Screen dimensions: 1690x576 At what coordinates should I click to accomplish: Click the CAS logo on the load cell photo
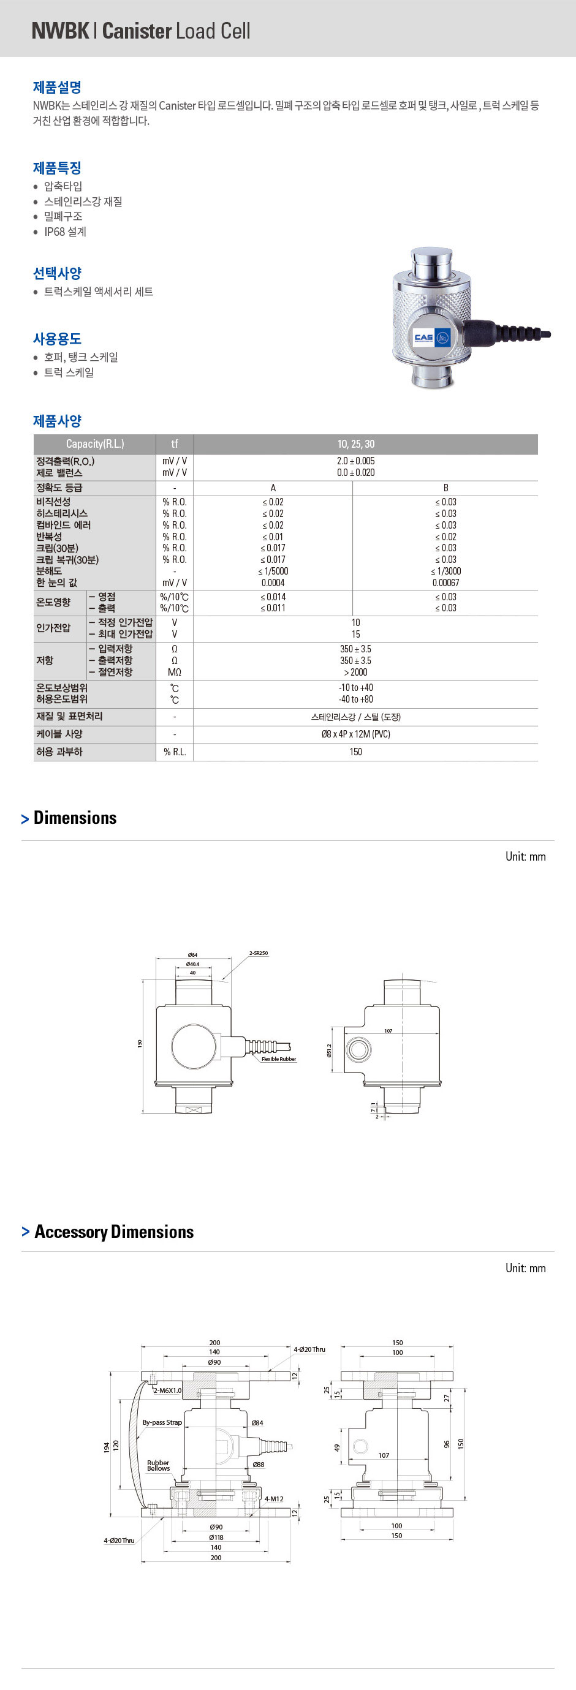424,338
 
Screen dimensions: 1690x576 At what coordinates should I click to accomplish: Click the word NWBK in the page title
59,31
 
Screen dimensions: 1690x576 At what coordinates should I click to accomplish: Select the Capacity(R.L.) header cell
94,444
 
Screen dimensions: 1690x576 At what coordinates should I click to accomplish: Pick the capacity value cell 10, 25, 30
355,444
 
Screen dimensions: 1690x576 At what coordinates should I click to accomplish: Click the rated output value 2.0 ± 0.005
355,461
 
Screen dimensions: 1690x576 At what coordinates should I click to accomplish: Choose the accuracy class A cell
273,488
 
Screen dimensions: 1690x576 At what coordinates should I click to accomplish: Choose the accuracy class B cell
445,488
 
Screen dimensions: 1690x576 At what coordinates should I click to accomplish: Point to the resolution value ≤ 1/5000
273,572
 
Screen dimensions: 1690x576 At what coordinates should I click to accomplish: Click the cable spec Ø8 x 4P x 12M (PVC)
355,734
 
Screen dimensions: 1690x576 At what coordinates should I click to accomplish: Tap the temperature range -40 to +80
355,700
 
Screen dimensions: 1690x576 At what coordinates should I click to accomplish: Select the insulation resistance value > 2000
355,673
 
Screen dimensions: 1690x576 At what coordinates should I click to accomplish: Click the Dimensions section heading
75,818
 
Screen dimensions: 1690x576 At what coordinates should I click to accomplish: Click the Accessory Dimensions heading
113,1232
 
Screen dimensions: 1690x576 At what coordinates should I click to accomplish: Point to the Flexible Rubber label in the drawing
279,1059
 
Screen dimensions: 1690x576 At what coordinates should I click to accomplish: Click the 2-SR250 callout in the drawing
259,953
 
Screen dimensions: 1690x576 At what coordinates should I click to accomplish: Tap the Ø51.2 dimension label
329,1051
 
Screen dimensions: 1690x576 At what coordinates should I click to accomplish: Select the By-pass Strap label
162,1422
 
